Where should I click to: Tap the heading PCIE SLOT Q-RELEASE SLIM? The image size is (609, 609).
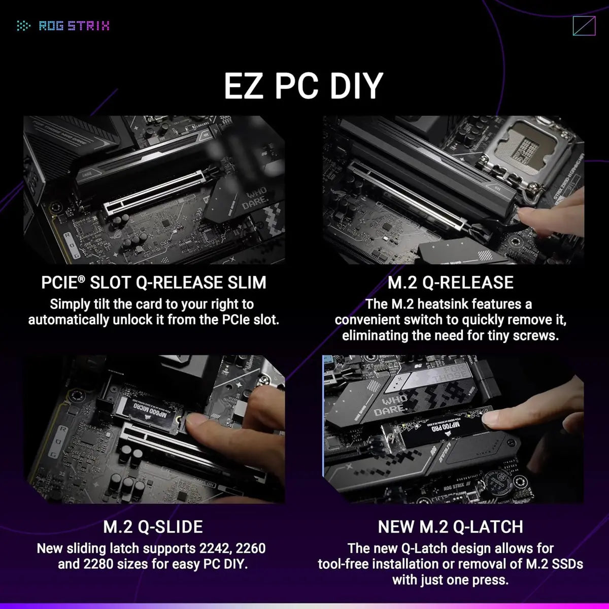click(154, 282)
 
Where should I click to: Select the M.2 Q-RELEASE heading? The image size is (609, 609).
click(451, 282)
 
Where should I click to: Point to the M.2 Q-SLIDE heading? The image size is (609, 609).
click(153, 526)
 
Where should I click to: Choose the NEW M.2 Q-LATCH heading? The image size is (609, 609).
click(451, 526)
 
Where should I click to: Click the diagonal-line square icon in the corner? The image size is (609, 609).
click(583, 25)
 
